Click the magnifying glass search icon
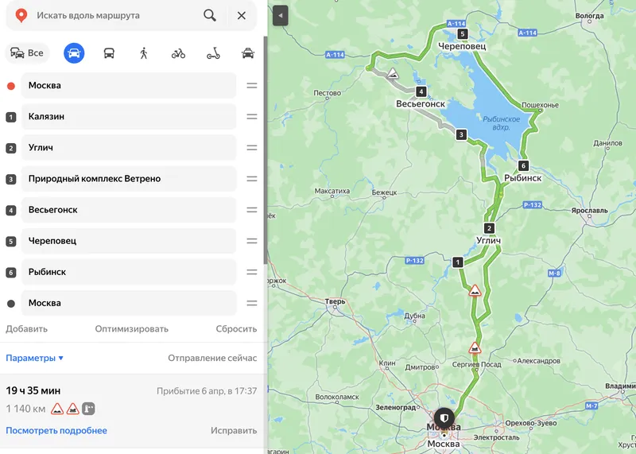point(209,15)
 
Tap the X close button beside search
point(242,15)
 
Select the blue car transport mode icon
point(74,53)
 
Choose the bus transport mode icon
point(109,53)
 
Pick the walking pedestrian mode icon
point(144,53)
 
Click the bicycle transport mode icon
point(178,53)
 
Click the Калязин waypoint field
point(127,117)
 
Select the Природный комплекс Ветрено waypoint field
point(127,179)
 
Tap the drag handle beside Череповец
point(251,241)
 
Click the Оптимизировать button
point(132,328)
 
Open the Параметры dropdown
point(35,358)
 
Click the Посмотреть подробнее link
point(56,431)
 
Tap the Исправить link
point(234,431)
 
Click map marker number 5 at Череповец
point(463,34)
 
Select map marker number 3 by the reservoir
point(460,135)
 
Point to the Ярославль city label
point(589,211)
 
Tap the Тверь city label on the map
point(335,301)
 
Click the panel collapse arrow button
point(280,15)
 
